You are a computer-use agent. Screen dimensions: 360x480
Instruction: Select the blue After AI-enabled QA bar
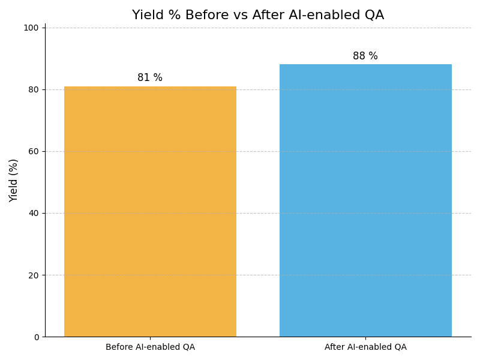click(x=365, y=200)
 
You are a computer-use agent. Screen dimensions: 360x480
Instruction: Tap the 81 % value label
click(x=150, y=78)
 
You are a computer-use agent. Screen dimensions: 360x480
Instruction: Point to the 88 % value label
click(x=365, y=56)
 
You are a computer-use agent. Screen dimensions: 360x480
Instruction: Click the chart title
click(x=258, y=15)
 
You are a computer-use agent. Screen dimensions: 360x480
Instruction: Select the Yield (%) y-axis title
click(x=14, y=180)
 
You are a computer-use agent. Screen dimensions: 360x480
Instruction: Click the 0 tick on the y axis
click(x=36, y=337)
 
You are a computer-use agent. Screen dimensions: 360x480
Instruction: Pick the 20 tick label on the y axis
click(x=34, y=275)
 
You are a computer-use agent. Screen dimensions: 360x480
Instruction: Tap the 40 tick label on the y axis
click(x=34, y=214)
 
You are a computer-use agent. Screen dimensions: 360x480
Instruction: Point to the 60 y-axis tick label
click(x=34, y=151)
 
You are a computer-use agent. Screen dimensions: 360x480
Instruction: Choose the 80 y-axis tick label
click(x=34, y=89)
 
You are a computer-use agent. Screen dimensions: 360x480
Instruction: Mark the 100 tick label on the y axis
click(x=31, y=28)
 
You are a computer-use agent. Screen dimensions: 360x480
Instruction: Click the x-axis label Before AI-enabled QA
click(x=150, y=347)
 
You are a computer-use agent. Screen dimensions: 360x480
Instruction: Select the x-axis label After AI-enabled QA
click(x=365, y=347)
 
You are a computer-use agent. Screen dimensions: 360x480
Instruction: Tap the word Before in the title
click(x=206, y=15)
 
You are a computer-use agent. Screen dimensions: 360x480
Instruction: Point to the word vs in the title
click(x=239, y=15)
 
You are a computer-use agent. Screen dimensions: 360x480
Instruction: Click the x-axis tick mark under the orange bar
click(x=150, y=338)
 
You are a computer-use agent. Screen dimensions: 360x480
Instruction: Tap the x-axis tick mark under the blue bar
click(x=365, y=338)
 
